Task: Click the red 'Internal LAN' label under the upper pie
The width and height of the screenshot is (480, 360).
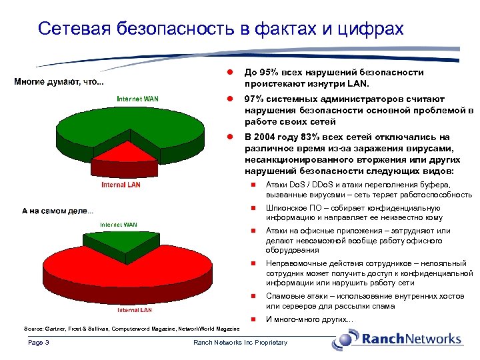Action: pos(121,185)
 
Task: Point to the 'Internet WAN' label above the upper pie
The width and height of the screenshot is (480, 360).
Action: pos(137,99)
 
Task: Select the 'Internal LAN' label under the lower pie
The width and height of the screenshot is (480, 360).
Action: pos(135,310)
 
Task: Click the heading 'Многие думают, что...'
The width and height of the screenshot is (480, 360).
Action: pos(59,83)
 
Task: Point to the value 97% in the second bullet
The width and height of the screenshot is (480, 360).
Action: pos(254,99)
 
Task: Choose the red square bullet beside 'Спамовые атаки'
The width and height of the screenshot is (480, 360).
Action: pos(253,296)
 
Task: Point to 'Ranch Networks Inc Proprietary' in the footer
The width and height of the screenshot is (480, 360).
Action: pos(240,343)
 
